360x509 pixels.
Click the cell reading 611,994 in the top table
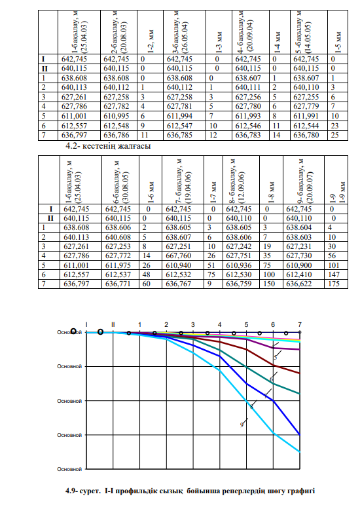[179, 116]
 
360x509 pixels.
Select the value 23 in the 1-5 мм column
[334, 126]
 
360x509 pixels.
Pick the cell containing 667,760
[179, 255]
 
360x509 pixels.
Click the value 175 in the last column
[334, 284]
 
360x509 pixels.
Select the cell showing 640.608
[118, 237]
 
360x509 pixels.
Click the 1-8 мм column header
[272, 192]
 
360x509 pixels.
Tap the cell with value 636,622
[298, 284]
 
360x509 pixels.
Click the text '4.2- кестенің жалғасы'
[108, 146]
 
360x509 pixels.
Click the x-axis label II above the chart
[113, 324]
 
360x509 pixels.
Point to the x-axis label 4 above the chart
[219, 325]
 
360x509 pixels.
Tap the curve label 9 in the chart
[242, 424]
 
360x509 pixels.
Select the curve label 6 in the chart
[272, 379]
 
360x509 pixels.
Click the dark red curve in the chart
[247, 349]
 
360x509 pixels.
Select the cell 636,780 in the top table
[306, 135]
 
